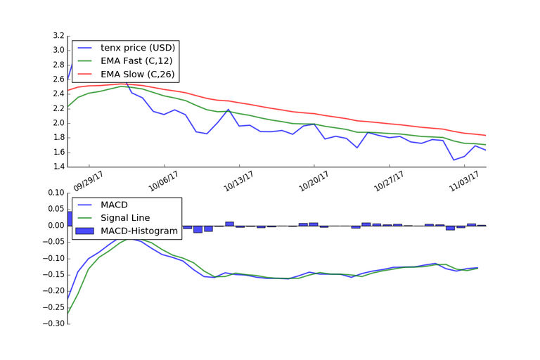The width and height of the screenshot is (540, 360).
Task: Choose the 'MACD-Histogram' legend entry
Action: point(137,231)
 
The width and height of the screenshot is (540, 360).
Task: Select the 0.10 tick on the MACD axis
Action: point(54,193)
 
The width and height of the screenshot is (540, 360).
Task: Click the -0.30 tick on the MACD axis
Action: point(52,323)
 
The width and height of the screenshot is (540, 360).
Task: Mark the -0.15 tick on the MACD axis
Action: point(52,258)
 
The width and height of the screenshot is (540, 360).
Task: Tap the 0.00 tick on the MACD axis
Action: point(54,226)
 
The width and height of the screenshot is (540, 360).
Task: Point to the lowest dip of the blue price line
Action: point(454,160)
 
